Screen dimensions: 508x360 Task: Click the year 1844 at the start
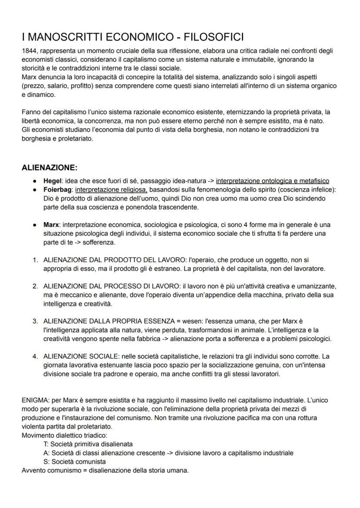point(30,51)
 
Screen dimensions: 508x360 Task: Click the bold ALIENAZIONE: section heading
point(50,168)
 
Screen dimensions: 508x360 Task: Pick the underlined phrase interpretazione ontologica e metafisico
point(272,181)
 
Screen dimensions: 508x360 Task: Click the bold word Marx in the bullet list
point(51,225)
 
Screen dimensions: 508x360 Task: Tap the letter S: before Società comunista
point(47,462)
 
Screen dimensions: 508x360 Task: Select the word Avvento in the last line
point(33,470)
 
